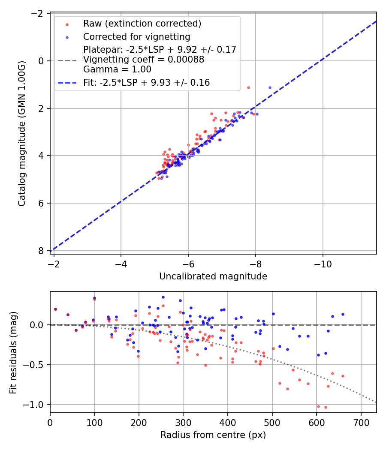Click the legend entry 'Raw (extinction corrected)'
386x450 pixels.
pos(142,23)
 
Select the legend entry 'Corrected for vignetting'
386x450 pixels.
pos(136,36)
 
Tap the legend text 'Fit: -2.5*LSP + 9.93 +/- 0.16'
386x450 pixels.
pos(146,83)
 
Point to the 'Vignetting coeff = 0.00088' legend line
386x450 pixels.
pos(144,60)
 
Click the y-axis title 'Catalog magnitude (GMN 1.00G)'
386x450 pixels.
pos(21,134)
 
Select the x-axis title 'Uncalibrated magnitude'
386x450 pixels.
pos(213,276)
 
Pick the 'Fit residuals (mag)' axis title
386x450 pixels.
pos(13,352)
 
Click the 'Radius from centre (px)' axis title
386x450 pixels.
pos(213,435)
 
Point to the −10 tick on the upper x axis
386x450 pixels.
pos(323,264)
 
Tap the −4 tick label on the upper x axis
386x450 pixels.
pos(121,264)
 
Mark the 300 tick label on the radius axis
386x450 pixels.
pos(183,422)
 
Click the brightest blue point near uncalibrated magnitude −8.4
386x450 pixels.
pos(270,87)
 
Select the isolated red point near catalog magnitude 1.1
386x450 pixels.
pos(248,87)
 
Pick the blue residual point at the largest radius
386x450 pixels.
pos(343,314)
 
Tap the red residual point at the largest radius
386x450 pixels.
pos(343,376)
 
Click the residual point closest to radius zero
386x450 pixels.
pos(55,309)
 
